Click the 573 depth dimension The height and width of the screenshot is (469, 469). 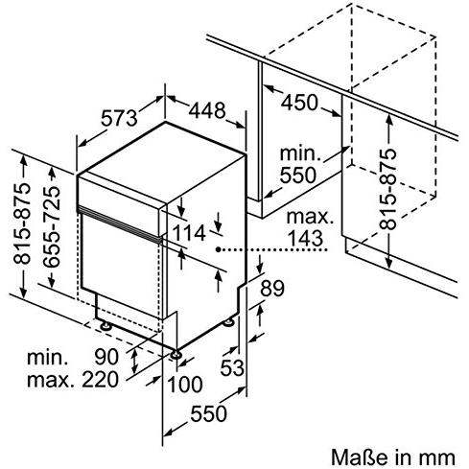click(x=119, y=118)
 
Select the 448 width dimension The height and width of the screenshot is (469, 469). click(x=207, y=110)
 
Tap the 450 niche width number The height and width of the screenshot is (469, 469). click(x=299, y=103)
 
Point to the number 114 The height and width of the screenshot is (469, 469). click(x=189, y=233)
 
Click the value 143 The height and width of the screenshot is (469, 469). click(x=305, y=238)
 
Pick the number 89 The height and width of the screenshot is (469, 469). click(x=272, y=288)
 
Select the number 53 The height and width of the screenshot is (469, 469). click(x=232, y=367)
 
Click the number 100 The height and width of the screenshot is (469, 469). click(x=185, y=385)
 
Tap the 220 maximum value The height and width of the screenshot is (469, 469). click(x=100, y=380)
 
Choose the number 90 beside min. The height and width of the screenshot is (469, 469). click(x=106, y=357)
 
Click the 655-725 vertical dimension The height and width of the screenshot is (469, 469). click(x=51, y=227)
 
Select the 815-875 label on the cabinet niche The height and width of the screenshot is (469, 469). click(x=387, y=189)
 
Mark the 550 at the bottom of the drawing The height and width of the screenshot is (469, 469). click(x=208, y=413)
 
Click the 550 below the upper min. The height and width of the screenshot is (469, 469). click(x=298, y=175)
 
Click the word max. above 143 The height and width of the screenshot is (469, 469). click(x=310, y=217)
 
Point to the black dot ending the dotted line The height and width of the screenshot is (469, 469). click(x=218, y=249)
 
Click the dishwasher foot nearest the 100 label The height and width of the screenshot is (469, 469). click(x=176, y=354)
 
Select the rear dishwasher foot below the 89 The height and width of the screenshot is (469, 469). click(x=228, y=322)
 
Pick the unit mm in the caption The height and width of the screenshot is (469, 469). click(x=441, y=458)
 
